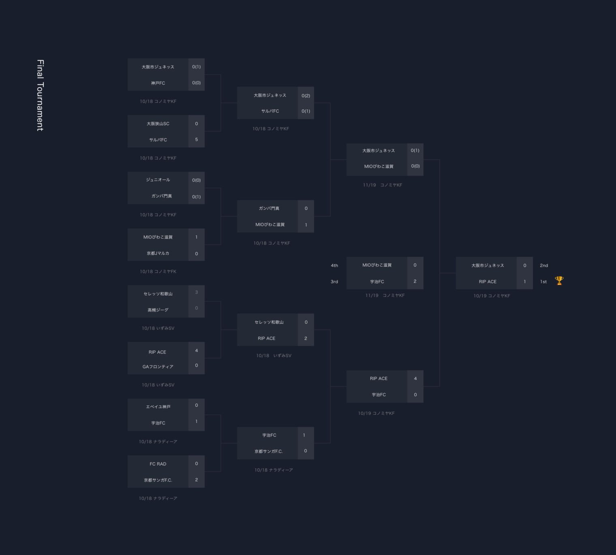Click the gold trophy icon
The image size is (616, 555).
(x=559, y=280)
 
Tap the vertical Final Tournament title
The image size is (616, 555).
(x=40, y=95)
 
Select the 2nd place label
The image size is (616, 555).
(x=544, y=265)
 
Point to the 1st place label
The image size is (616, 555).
(x=543, y=282)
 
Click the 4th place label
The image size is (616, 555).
(x=334, y=265)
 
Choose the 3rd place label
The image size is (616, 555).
(x=334, y=282)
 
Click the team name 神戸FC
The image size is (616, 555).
(x=158, y=83)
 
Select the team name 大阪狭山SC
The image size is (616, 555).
(x=158, y=124)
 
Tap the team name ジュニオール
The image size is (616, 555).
(x=158, y=180)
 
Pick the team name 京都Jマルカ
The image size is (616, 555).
(x=158, y=253)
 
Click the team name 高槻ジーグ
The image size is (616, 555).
(x=158, y=310)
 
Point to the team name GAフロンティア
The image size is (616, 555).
(x=158, y=367)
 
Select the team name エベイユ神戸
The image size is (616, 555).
(x=158, y=407)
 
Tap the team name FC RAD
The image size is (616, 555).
(x=158, y=464)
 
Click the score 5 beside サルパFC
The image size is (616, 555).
(x=197, y=139)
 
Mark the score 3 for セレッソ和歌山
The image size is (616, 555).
(x=197, y=292)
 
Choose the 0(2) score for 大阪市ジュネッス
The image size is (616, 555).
(x=306, y=96)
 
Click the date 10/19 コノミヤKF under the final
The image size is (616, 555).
(x=492, y=296)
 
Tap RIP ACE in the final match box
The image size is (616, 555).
(x=488, y=282)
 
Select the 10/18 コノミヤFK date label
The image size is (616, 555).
(x=158, y=271)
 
